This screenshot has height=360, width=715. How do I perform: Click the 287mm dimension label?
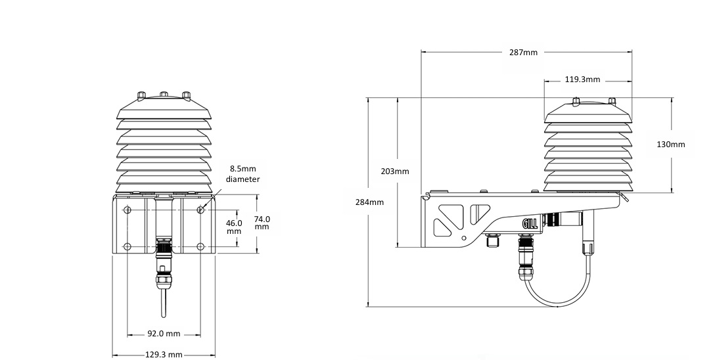[x=524, y=53]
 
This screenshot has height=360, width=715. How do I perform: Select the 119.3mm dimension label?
[x=582, y=79]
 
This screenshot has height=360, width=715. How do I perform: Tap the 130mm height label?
[x=671, y=145]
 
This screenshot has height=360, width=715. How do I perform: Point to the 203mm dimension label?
[x=395, y=172]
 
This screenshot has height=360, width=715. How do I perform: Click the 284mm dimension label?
[x=370, y=202]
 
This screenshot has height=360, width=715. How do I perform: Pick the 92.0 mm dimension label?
[x=164, y=334]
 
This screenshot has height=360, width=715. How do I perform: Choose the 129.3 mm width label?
[x=164, y=355]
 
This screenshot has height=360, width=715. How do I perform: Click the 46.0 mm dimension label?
[x=235, y=227]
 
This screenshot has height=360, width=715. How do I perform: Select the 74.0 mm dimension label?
[x=262, y=223]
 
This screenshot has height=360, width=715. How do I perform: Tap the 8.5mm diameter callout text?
[x=242, y=174]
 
